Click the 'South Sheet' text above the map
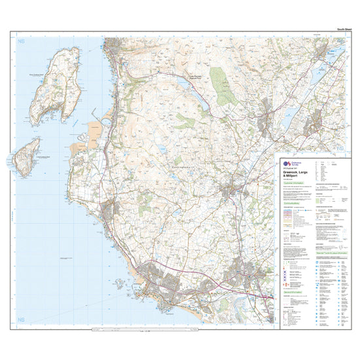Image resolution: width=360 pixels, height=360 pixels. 344,29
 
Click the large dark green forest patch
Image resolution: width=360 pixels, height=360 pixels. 228,96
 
